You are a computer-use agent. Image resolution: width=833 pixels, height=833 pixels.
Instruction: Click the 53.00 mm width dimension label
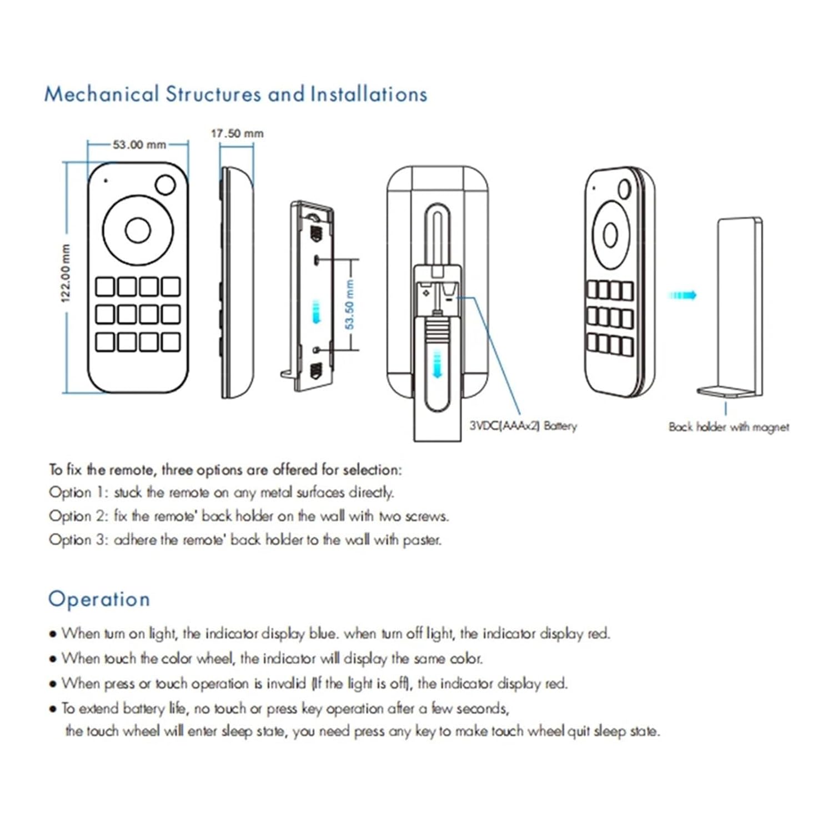click(139, 145)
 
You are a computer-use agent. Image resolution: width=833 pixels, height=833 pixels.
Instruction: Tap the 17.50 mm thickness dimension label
click(237, 133)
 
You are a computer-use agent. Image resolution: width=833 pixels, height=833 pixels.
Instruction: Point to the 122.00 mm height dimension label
click(66, 273)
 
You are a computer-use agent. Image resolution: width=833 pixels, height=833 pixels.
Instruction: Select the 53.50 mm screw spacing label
click(349, 304)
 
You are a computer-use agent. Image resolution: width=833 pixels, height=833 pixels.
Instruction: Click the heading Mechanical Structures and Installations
click(235, 94)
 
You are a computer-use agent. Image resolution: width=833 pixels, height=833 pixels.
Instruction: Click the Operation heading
click(99, 599)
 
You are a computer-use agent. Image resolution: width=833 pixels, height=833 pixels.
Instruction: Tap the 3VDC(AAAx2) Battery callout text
click(523, 426)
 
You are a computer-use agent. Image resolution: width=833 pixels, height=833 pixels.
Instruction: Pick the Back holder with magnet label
click(729, 427)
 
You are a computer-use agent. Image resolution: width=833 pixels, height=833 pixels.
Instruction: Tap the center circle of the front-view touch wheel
click(138, 230)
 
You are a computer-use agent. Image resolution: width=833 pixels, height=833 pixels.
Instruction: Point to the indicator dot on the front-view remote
click(106, 180)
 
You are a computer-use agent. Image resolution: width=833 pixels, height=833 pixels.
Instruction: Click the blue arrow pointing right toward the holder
click(683, 295)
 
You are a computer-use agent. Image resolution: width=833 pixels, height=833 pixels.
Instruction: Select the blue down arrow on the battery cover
click(438, 364)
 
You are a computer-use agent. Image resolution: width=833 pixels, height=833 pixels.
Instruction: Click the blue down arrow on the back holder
click(316, 312)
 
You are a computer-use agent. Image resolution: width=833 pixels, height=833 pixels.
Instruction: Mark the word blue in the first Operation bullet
click(322, 634)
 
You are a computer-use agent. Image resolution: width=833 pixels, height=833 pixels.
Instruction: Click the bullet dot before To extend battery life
click(53, 709)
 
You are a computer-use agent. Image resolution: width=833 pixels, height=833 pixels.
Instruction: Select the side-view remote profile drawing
click(237, 282)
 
